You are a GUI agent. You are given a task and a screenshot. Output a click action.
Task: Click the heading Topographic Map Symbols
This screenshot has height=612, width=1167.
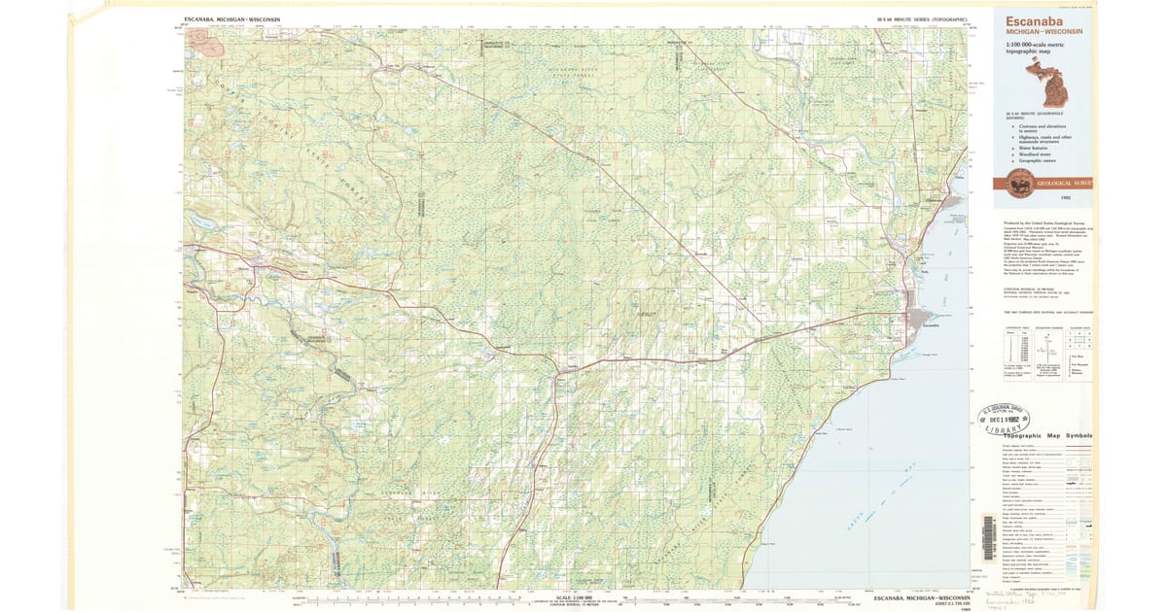coord(1046,436)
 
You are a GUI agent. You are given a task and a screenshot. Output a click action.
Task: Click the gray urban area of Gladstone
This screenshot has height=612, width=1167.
coord(932,201)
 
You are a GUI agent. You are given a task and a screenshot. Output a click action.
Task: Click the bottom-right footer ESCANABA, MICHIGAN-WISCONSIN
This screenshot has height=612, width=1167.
coord(923,597)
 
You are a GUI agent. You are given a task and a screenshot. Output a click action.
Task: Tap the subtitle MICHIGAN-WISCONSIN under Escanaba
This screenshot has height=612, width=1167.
coord(1040,32)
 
